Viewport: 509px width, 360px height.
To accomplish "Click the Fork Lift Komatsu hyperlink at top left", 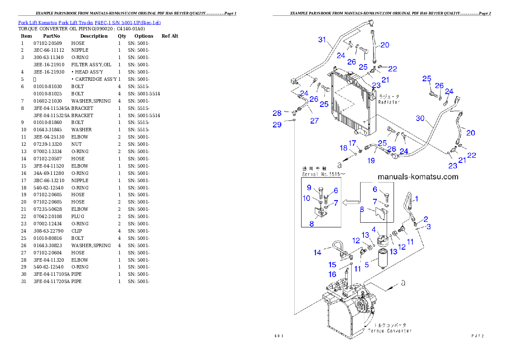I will [89, 22].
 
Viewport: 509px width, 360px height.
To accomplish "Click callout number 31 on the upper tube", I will [323, 40].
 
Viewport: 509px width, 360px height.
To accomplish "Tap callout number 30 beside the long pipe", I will [420, 118].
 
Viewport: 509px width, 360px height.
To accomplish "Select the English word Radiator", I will [389, 102].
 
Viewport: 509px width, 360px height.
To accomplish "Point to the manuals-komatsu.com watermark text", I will [417, 177].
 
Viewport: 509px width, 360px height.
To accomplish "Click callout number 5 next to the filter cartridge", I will [367, 265].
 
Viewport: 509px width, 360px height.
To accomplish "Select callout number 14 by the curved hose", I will [317, 253].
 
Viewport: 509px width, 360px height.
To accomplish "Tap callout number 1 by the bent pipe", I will [417, 198].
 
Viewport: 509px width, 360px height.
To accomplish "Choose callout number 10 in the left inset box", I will [307, 198].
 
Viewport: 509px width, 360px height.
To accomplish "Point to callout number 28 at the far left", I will [277, 113].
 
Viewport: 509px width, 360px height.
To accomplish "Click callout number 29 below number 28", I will [277, 124].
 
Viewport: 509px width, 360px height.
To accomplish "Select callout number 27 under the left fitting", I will [314, 121].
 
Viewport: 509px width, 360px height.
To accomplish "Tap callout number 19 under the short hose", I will [371, 161].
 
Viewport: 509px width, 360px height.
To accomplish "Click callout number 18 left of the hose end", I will [344, 148].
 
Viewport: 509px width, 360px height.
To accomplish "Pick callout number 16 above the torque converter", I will [332, 274].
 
